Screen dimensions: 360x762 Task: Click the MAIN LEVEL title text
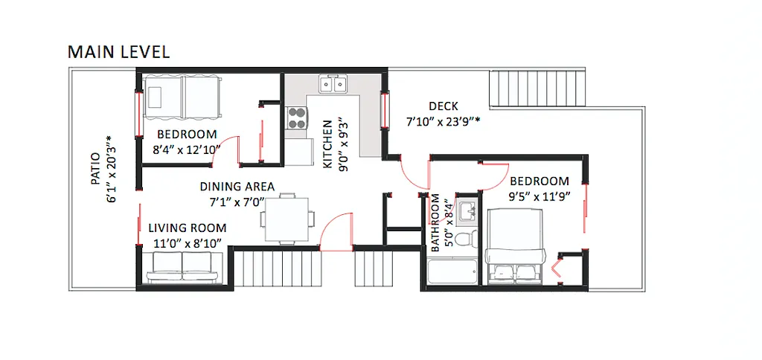pos(118,51)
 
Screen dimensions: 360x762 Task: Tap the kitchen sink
pos(333,85)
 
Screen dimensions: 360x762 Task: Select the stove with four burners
pos(298,118)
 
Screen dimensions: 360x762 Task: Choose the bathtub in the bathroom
pos(453,272)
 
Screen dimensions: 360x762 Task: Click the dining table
pos(286,219)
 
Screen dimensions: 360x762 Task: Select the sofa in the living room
pos(182,268)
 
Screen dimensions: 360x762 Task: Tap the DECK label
pos(443,106)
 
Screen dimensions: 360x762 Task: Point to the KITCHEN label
pos(327,144)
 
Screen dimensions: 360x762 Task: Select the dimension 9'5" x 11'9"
pos(540,196)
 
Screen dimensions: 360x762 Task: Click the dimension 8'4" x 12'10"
pos(187,149)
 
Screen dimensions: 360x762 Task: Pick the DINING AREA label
pos(237,187)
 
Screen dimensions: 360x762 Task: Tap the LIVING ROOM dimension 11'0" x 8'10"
pos(187,242)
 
